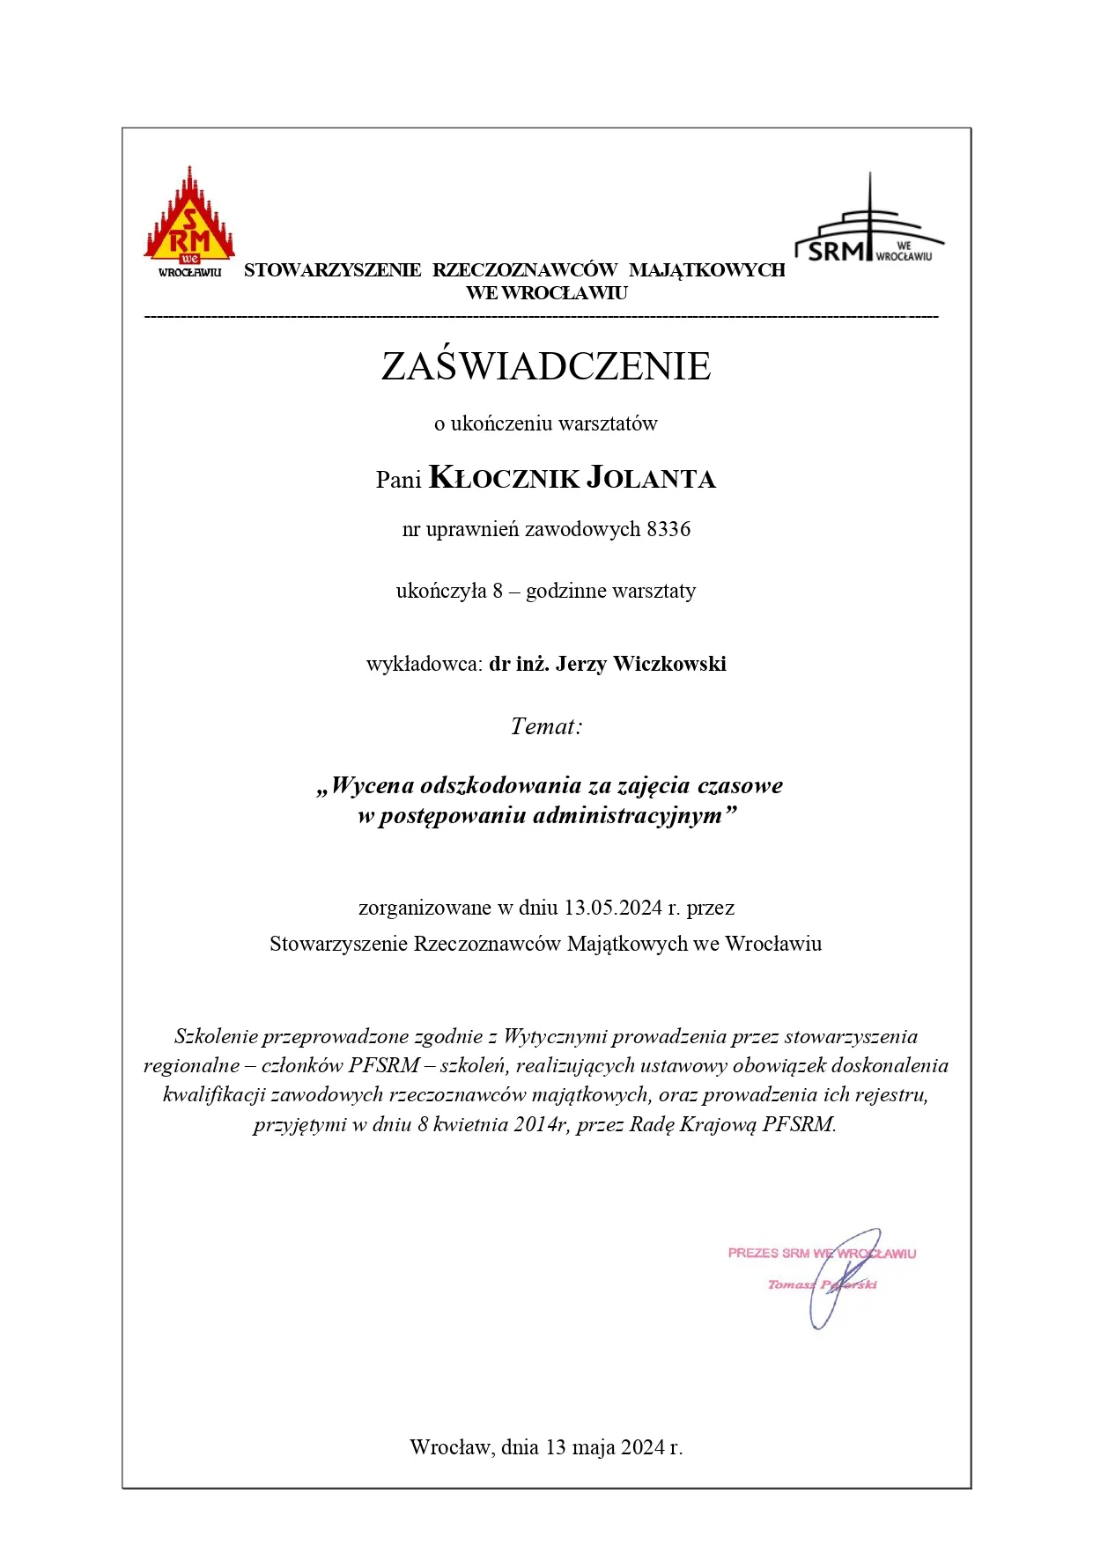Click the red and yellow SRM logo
click(189, 220)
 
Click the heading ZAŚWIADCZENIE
click(546, 366)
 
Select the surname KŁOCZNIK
click(504, 478)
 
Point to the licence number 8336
click(668, 529)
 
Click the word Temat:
click(546, 726)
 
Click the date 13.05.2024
click(613, 908)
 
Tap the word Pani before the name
click(399, 480)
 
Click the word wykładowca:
click(425, 664)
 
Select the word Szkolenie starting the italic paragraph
click(216, 1036)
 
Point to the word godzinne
click(567, 591)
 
